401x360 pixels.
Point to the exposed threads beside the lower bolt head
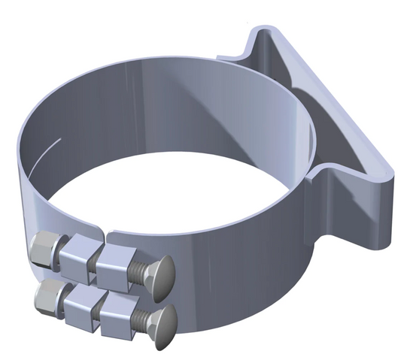click(144, 319)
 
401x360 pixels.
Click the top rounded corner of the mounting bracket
click(260, 34)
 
